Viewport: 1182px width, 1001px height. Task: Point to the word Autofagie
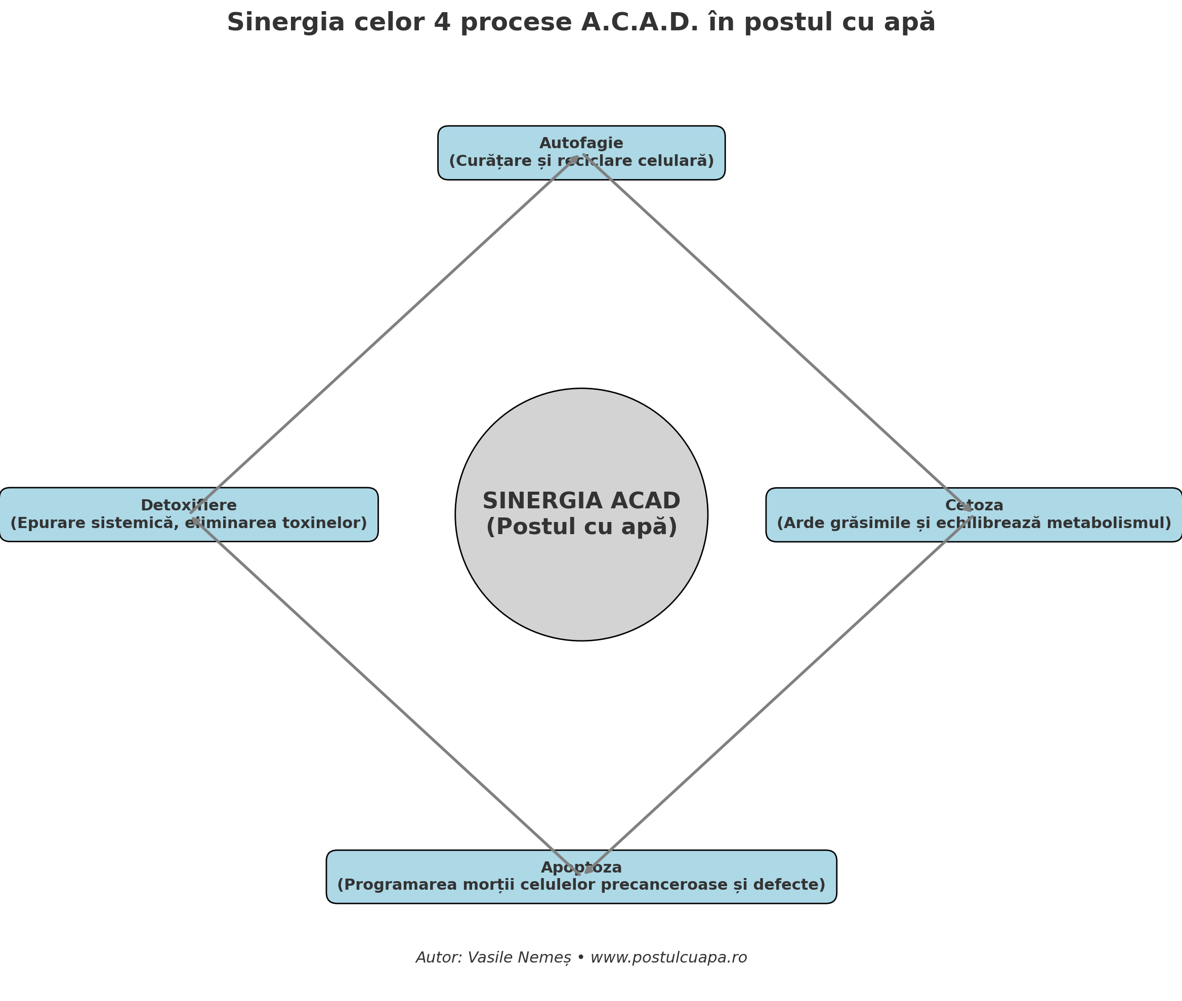581,144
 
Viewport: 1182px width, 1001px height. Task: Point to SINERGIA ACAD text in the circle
581,501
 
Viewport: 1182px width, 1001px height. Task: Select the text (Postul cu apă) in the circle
581,527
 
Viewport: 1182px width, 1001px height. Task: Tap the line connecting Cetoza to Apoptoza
778,694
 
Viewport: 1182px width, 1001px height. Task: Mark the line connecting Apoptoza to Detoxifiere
386,694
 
